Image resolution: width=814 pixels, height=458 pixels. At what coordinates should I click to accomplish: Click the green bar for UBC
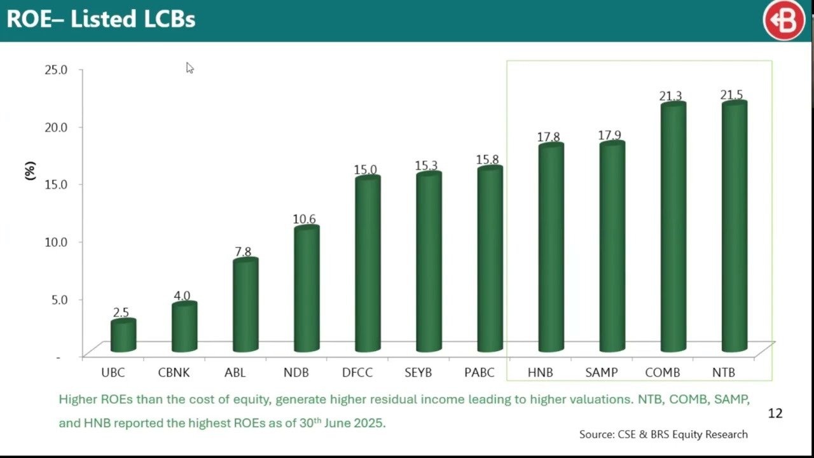pyautogui.click(x=123, y=336)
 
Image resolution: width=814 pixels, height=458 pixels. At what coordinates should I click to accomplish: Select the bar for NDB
pyautogui.click(x=306, y=289)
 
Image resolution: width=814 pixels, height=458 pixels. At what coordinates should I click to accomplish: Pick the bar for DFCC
pyautogui.click(x=368, y=265)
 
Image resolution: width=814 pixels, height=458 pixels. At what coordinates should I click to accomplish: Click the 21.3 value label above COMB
pyautogui.click(x=670, y=96)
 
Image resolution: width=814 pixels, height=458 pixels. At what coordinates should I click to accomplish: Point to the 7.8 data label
pyautogui.click(x=243, y=252)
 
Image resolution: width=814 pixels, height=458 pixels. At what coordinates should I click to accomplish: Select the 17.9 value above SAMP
pyautogui.click(x=609, y=135)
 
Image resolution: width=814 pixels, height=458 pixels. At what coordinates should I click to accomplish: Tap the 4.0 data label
pyautogui.click(x=182, y=296)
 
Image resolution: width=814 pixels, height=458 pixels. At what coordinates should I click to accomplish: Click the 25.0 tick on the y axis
pyautogui.click(x=55, y=69)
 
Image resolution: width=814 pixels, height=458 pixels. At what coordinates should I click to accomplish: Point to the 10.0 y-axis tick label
pyautogui.click(x=55, y=242)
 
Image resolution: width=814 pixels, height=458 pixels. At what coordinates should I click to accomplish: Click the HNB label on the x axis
pyautogui.click(x=540, y=373)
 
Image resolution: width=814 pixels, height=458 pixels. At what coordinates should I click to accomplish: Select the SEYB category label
pyautogui.click(x=418, y=373)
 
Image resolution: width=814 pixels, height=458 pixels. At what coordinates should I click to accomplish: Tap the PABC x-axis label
pyautogui.click(x=479, y=373)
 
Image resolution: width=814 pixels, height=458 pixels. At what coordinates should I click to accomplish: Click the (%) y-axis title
pyautogui.click(x=30, y=170)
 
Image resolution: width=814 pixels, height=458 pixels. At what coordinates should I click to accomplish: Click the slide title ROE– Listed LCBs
pyautogui.click(x=100, y=20)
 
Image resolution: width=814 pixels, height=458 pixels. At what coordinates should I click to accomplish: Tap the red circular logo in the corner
pyautogui.click(x=783, y=20)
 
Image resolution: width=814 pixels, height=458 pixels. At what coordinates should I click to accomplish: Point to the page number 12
pyautogui.click(x=775, y=413)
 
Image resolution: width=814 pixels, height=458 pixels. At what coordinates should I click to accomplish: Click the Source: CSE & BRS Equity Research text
pyautogui.click(x=663, y=434)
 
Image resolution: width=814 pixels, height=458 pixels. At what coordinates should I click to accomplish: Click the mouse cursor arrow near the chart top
pyautogui.click(x=190, y=67)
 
